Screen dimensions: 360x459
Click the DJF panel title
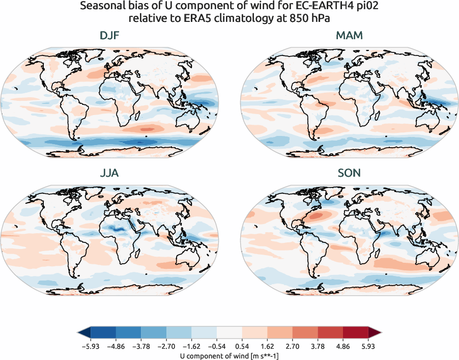110,36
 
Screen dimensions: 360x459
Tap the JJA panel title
110,173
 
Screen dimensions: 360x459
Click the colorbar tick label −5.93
90,346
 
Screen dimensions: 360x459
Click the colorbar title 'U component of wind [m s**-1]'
230,355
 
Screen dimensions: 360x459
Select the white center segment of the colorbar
230,334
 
